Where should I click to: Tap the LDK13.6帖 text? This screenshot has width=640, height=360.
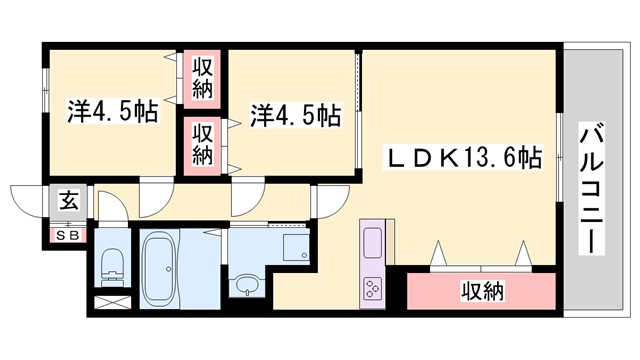[x=465, y=158]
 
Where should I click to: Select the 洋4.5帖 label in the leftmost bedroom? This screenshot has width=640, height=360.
[x=113, y=111]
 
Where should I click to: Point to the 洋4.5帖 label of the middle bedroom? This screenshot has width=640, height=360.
[x=294, y=116]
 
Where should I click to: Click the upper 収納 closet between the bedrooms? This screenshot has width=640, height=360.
[x=203, y=79]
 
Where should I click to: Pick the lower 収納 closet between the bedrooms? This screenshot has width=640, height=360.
[x=203, y=143]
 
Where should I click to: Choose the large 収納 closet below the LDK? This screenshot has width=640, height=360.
[x=482, y=292]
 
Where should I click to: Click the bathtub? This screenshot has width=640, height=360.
[x=158, y=268]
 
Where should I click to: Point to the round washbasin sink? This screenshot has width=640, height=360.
[x=245, y=288]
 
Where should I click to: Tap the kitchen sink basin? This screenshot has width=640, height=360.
[x=371, y=243]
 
